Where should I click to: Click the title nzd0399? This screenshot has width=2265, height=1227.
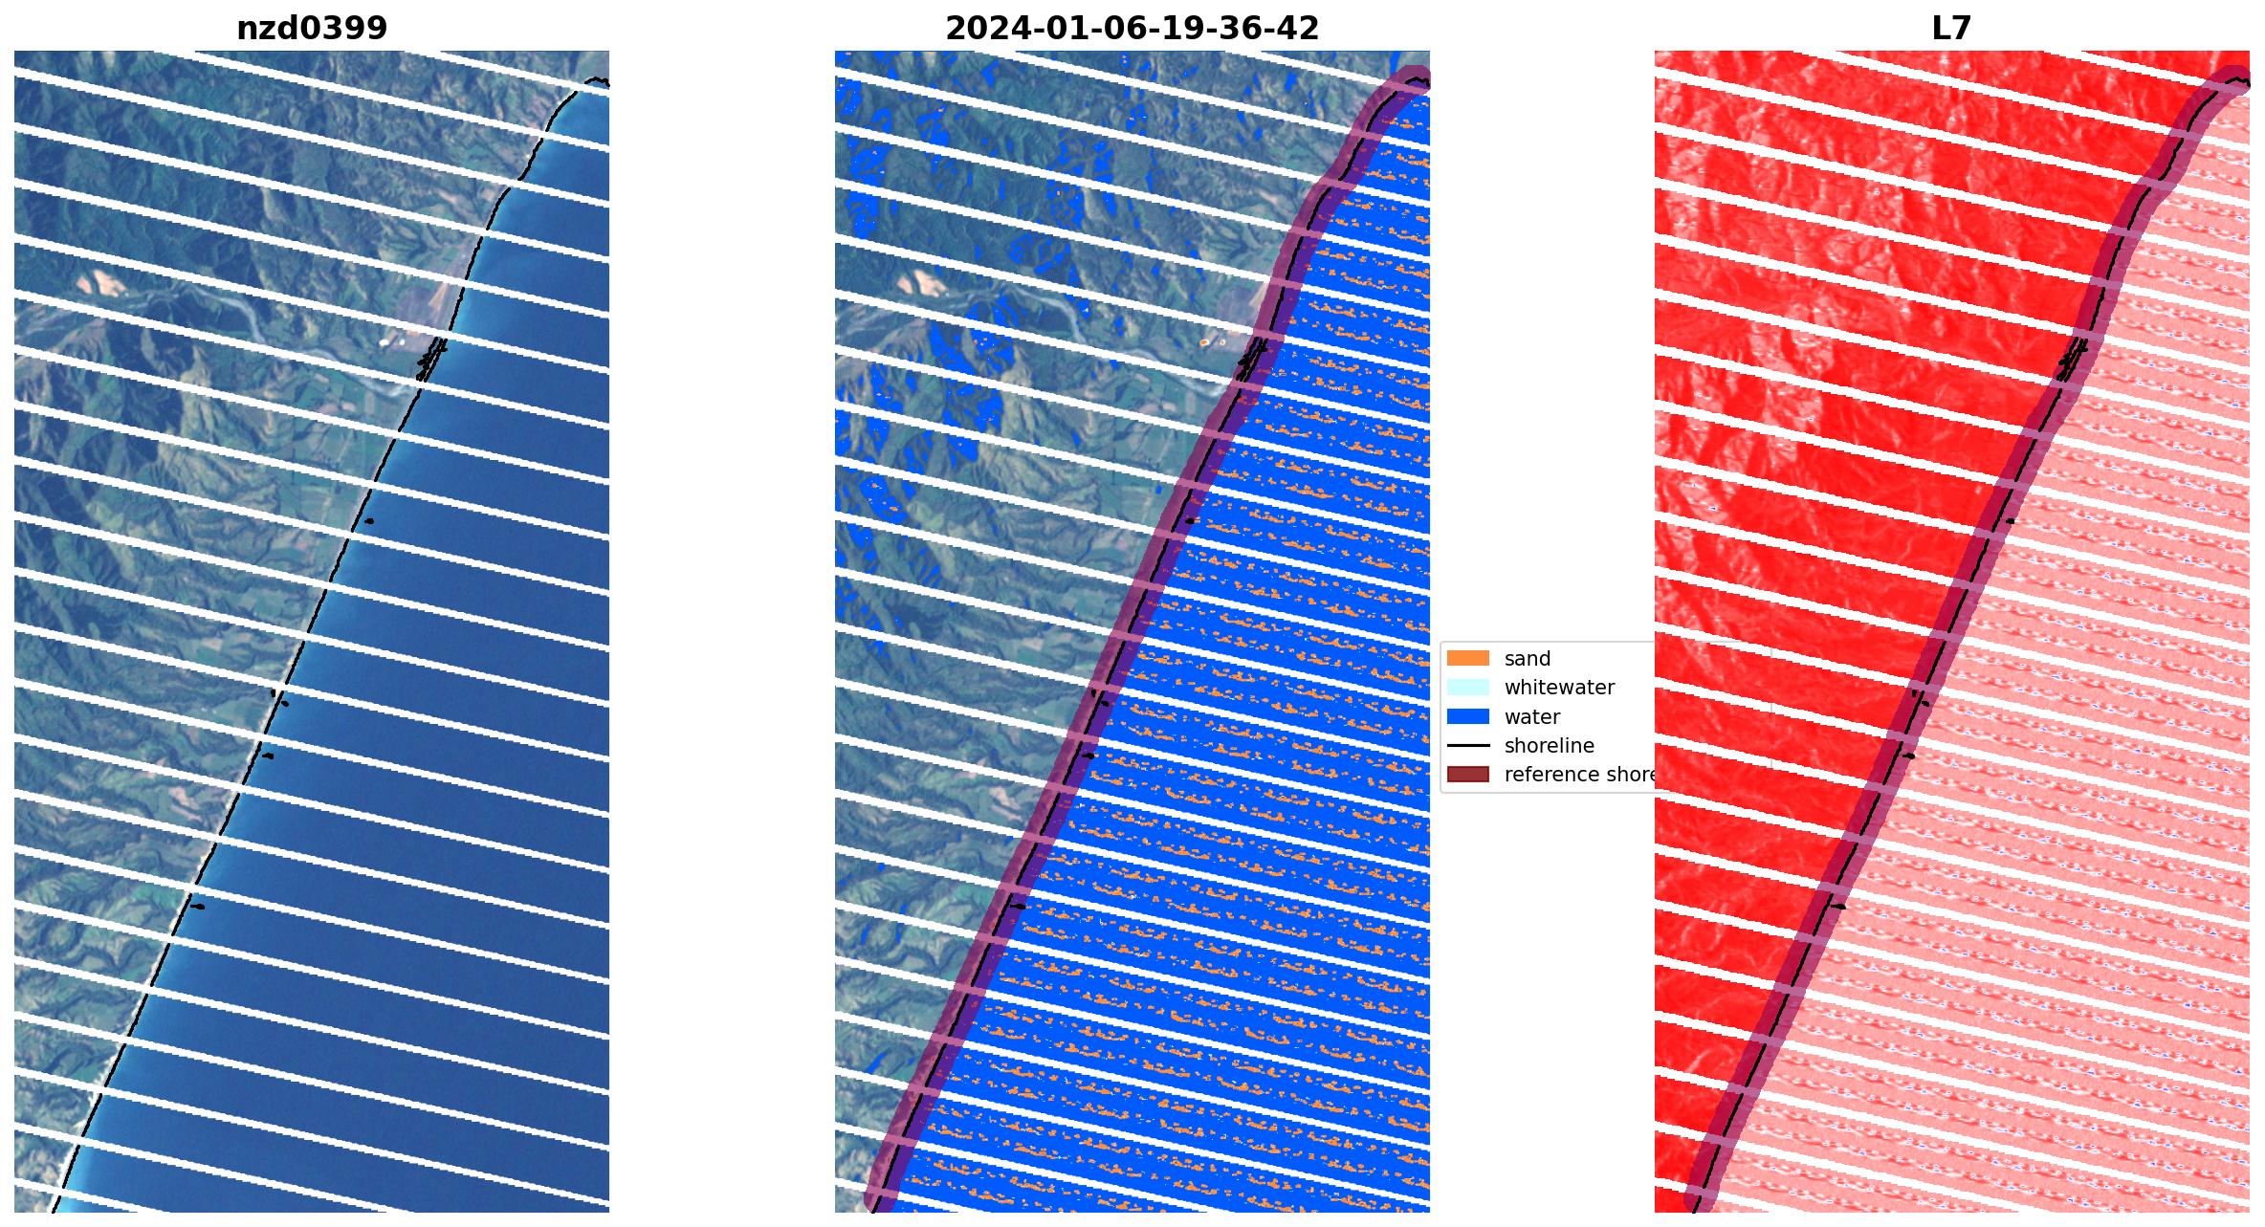click(312, 29)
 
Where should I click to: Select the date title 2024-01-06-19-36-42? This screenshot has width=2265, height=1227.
click(1132, 29)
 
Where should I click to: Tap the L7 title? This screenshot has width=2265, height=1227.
click(1951, 29)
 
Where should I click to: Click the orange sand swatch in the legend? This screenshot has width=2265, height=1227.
click(1467, 659)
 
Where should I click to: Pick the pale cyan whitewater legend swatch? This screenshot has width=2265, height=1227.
click(1467, 688)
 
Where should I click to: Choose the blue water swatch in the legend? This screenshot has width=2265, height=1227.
click(1467, 717)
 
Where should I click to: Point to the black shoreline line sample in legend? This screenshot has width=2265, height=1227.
click(1467, 746)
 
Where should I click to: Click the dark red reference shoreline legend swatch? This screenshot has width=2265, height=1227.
click(1467, 775)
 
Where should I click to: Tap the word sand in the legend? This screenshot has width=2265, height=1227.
click(1527, 659)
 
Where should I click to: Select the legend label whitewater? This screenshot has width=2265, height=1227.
click(1559, 688)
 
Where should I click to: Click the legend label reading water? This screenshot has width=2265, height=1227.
click(1531, 717)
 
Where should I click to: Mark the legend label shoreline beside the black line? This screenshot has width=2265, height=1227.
click(1549, 746)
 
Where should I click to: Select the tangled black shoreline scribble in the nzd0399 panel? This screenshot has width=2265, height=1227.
click(431, 359)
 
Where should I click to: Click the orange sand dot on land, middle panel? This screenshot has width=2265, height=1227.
click(1205, 342)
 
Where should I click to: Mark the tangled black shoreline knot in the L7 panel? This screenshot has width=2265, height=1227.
click(2072, 360)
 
